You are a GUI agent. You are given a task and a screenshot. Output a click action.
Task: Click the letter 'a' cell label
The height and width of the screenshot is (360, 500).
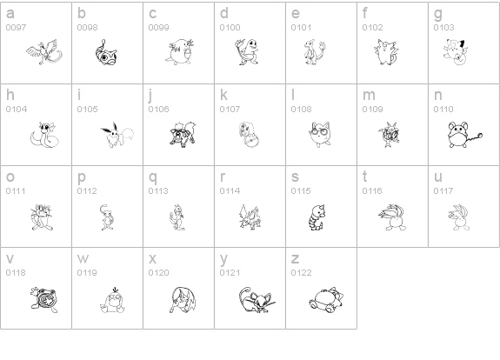(10, 14)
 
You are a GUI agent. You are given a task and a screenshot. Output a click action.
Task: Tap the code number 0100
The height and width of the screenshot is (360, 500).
(230, 28)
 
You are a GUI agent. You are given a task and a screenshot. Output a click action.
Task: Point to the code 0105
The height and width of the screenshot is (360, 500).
(87, 110)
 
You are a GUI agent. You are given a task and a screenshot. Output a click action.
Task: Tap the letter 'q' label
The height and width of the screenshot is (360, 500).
(152, 177)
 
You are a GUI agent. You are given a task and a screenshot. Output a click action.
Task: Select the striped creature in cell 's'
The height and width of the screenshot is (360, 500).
(320, 214)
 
